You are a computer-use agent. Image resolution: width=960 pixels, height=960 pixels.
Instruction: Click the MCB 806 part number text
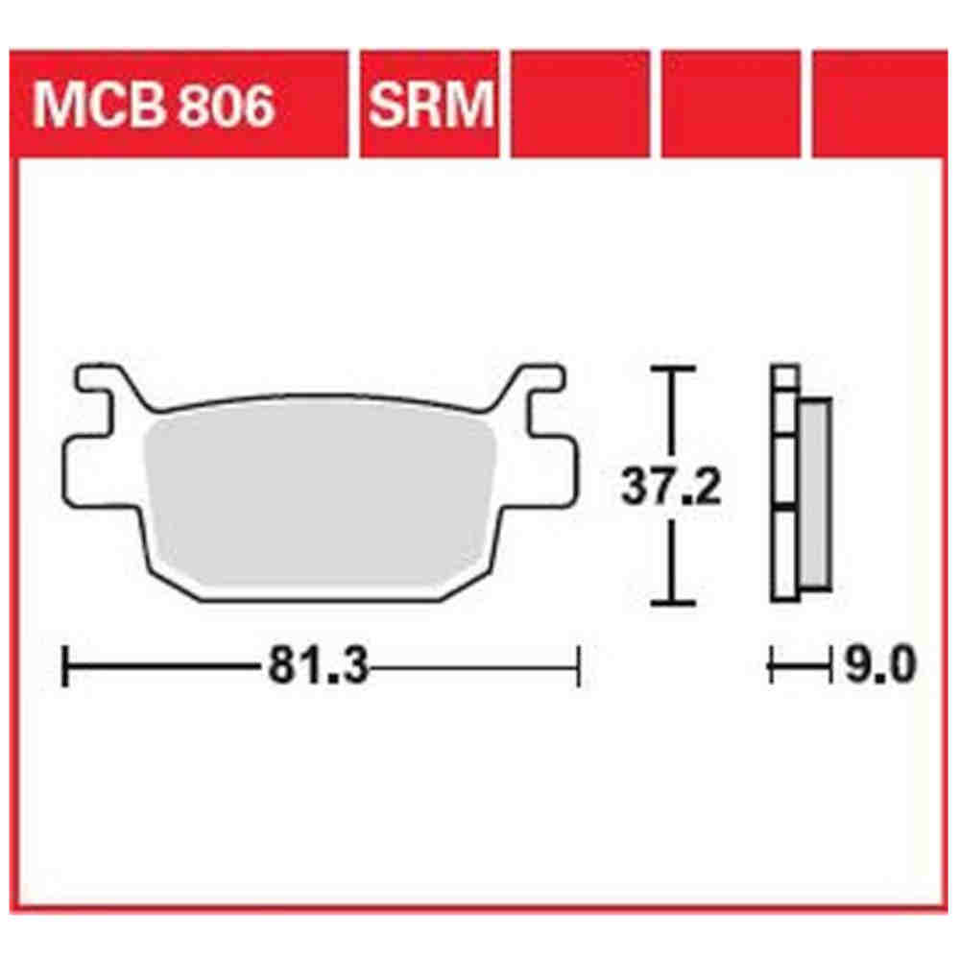[154, 106]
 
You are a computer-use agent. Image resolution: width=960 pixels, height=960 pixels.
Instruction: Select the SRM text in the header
[429, 106]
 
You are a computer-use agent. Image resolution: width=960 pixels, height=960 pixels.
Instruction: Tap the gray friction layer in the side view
[814, 494]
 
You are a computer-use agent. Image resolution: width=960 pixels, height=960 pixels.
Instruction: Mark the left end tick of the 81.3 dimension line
[65, 666]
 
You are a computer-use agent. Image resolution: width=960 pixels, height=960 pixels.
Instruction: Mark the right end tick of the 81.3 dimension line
[579, 666]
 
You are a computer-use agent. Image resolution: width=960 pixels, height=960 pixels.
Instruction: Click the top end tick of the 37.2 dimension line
[671, 369]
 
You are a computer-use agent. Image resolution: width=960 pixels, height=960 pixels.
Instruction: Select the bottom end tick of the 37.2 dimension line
[671, 603]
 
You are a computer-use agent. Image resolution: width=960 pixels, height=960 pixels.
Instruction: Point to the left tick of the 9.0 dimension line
[773, 664]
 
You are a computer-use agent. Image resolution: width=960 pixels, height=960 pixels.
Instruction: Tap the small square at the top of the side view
[785, 376]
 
